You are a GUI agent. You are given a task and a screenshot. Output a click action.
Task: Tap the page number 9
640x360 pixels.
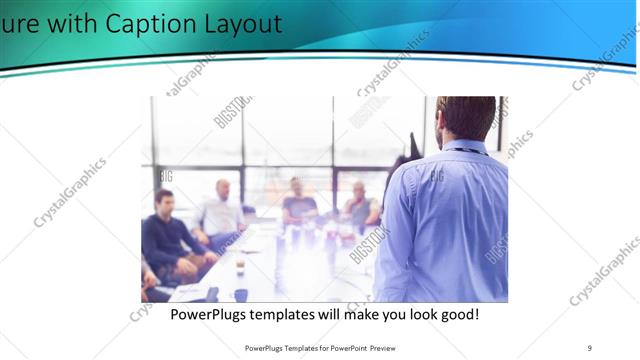pos(590,347)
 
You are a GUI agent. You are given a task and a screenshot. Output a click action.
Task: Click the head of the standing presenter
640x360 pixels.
pos(466,117)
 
